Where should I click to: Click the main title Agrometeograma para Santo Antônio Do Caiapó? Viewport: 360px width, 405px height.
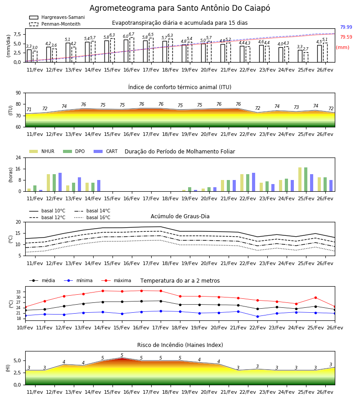coord(180,8)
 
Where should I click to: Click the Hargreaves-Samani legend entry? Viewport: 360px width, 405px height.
coord(57,17)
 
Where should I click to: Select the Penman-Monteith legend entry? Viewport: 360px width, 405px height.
coord(55,24)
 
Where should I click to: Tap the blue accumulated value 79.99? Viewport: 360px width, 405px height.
coord(346,27)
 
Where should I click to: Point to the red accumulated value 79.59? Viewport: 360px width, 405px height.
coord(346,37)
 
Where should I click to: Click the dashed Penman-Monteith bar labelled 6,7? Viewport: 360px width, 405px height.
coord(132,50)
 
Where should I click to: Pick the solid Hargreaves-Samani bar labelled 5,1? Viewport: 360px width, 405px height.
coord(68,53)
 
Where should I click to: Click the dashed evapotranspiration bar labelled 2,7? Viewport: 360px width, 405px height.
coord(306,57)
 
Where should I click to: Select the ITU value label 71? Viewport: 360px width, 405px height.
coord(29,109)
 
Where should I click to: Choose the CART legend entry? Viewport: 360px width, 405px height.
coord(106,151)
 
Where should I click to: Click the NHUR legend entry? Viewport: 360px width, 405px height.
coord(42,151)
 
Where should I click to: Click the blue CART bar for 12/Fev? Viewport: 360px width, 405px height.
coord(60,182)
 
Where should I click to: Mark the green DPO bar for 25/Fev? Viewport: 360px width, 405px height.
coord(306,180)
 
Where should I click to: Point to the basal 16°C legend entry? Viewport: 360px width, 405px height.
coord(92,217)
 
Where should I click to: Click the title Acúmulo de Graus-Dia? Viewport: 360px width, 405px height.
coord(180,216)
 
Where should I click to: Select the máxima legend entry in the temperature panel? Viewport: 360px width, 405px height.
coord(116,280)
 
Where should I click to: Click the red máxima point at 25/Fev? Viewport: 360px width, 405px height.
coord(315,297)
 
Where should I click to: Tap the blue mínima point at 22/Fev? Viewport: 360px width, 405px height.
coord(257,316)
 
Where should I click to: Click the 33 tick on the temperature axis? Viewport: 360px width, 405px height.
coord(18,292)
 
